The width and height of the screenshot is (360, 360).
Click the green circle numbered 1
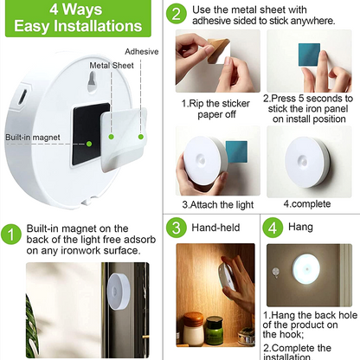[11, 235]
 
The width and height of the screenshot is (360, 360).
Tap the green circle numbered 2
[177, 14]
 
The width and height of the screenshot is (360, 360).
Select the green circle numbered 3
[177, 228]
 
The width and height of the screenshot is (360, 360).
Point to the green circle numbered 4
[273, 228]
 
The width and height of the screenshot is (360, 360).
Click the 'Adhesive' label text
[142, 52]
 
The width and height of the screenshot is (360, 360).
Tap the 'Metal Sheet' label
[112, 66]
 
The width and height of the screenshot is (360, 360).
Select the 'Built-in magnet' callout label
[33, 138]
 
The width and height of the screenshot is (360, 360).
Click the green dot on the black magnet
[89, 144]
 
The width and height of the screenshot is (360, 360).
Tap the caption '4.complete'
[307, 204]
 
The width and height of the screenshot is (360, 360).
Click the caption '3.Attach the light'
[218, 205]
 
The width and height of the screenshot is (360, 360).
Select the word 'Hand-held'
[215, 228]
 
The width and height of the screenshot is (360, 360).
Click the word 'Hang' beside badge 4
[300, 227]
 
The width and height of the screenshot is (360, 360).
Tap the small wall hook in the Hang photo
[276, 273]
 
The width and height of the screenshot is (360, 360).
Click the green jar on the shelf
[215, 331]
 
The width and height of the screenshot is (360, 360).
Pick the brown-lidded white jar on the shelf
[194, 329]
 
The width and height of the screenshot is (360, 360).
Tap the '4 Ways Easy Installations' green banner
[78, 18]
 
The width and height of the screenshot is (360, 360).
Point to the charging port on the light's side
[22, 96]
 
